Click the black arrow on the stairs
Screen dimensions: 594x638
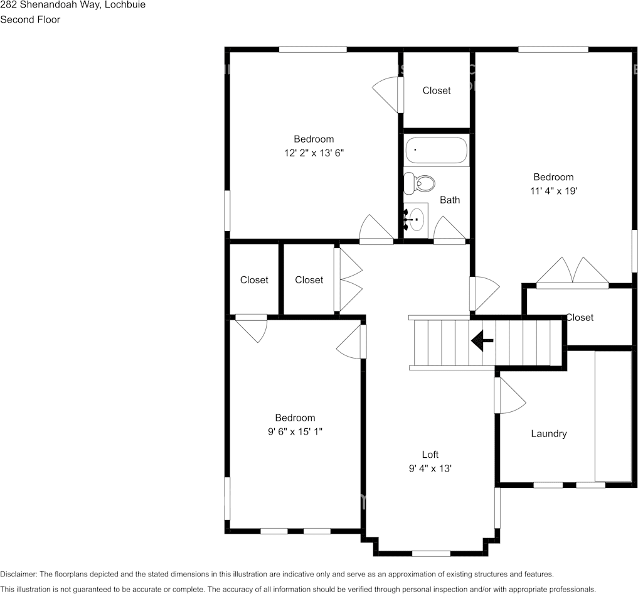coord(482,340)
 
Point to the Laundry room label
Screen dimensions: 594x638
coord(548,433)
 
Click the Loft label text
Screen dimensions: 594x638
coord(430,455)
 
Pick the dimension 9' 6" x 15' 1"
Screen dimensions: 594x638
coord(295,431)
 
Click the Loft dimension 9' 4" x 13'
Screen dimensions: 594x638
coord(430,468)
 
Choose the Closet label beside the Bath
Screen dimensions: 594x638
coord(436,90)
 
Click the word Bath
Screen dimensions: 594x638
coord(449,200)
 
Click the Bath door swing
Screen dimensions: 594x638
coord(449,229)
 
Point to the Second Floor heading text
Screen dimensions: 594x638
coord(30,19)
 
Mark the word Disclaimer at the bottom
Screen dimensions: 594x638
coord(18,574)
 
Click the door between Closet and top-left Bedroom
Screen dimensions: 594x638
coord(386,94)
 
